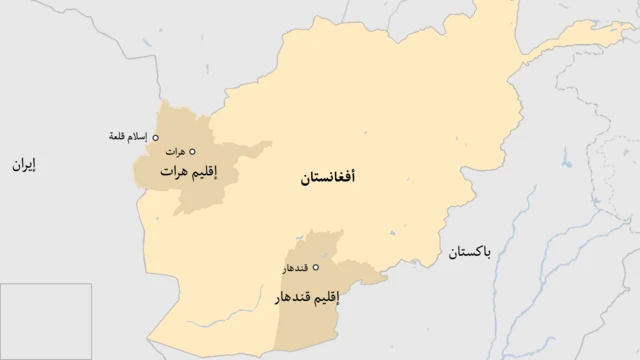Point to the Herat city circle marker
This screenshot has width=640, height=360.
tap(193, 151)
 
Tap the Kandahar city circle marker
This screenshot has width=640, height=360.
tap(317, 267)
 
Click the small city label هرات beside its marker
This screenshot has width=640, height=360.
tap(175, 152)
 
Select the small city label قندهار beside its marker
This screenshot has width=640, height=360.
tap(295, 268)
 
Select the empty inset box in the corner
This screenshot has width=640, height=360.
tap(46, 320)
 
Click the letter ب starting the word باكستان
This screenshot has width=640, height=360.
tap(487, 253)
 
